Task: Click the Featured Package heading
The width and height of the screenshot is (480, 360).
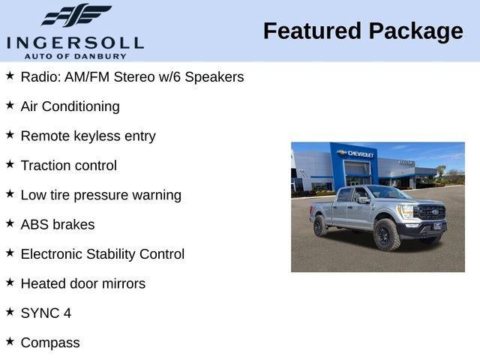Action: [x=363, y=31]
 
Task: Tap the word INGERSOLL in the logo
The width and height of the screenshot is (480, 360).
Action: [x=74, y=42]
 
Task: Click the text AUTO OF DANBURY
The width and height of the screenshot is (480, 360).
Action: [x=74, y=55]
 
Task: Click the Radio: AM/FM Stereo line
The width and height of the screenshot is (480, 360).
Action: [x=132, y=76]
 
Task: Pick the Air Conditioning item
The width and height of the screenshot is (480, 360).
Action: [x=70, y=106]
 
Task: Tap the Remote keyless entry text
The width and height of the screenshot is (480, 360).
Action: [x=88, y=136]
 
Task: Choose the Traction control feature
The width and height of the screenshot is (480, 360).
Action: [x=68, y=165]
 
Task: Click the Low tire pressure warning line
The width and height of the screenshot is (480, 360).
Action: [x=100, y=195]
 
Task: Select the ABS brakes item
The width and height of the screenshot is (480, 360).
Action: [x=57, y=224]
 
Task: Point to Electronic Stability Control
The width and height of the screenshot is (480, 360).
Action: [x=102, y=254]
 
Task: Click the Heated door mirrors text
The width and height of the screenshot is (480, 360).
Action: [x=82, y=283]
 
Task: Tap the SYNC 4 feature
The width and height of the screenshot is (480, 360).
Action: [x=46, y=313]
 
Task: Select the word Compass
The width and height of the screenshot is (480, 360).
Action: [x=49, y=343]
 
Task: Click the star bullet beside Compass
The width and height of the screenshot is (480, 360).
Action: [x=10, y=341]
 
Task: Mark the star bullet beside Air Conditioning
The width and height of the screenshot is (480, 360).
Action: [x=10, y=105]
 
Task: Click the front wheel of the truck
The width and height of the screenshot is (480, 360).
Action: [x=386, y=234]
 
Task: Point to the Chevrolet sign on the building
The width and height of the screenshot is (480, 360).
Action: [x=359, y=153]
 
